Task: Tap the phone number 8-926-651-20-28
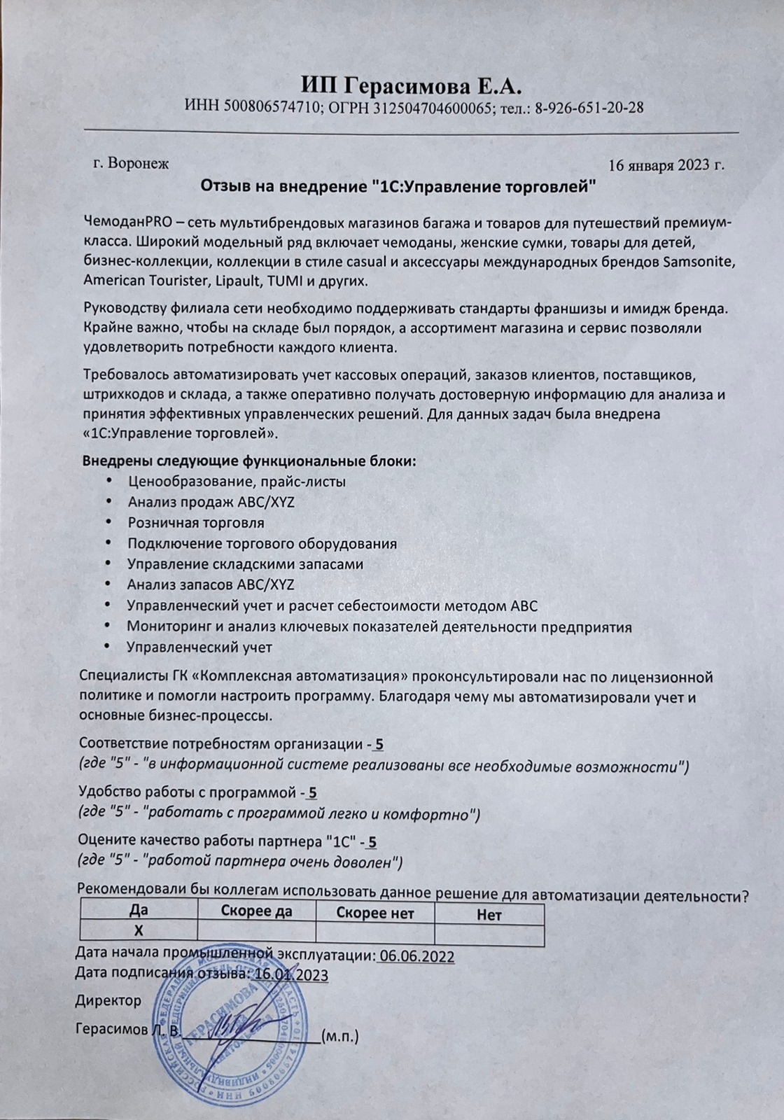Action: click(x=589, y=108)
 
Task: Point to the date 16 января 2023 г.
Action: click(x=666, y=165)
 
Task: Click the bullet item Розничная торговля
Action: click(x=196, y=523)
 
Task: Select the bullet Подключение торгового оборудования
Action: click(x=262, y=544)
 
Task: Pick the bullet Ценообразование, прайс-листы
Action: click(x=237, y=482)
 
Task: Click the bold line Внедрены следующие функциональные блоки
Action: click(x=249, y=461)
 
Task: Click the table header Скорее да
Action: click(x=256, y=911)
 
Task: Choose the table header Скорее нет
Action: click(x=375, y=913)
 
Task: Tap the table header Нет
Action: click(x=489, y=914)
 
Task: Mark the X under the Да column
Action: click(x=139, y=930)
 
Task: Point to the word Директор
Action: click(x=108, y=1001)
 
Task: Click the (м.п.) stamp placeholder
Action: click(x=339, y=1036)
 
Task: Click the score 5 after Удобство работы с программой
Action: click(x=312, y=792)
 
